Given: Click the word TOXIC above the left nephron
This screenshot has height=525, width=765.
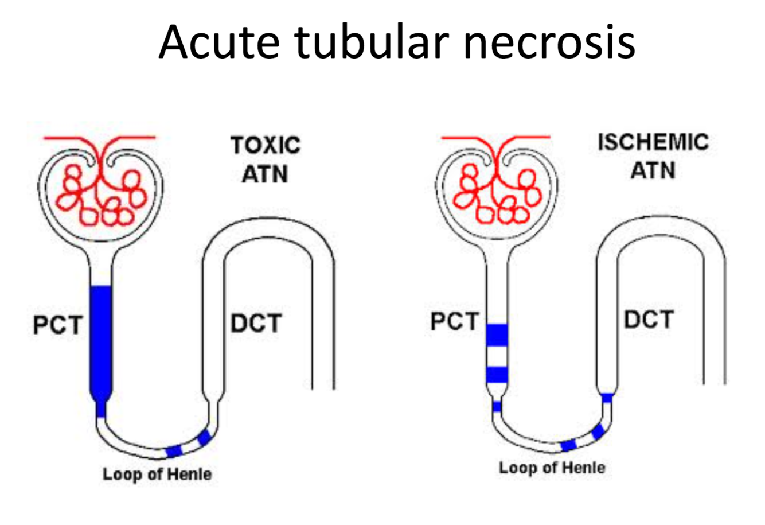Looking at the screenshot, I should tap(266, 145).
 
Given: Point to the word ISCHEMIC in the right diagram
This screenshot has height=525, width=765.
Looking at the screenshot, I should tap(653, 142).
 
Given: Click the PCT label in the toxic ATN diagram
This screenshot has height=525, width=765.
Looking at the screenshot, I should tap(57, 325).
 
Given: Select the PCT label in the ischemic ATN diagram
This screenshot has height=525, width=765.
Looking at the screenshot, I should tap(454, 321).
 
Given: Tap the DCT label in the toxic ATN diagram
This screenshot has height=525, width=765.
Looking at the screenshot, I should tap(256, 324).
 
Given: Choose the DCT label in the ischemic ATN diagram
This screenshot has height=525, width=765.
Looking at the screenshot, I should tap(649, 320).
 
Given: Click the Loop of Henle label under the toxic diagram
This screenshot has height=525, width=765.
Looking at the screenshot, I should tap(157, 475).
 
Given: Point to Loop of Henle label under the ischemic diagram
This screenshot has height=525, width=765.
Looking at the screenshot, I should tap(552, 468).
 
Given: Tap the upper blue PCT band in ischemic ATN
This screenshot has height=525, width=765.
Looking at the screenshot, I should tap(497, 335).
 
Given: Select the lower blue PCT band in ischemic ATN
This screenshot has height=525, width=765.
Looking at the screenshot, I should tap(497, 375).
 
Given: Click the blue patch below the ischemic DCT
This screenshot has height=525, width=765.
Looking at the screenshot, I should tap(607, 397).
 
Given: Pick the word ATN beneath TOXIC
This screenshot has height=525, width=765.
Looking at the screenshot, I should tap(264, 173).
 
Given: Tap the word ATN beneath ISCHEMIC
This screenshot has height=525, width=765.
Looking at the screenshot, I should tap(653, 170).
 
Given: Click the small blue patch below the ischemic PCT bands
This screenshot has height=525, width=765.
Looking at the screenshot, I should tap(497, 407).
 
